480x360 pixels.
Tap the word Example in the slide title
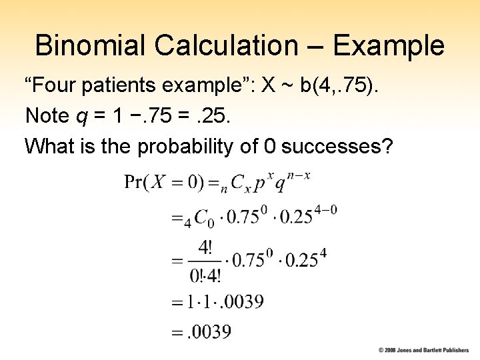388,46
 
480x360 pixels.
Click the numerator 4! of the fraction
205,249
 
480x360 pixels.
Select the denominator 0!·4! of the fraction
205,275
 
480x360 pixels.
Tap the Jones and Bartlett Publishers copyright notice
423,350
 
